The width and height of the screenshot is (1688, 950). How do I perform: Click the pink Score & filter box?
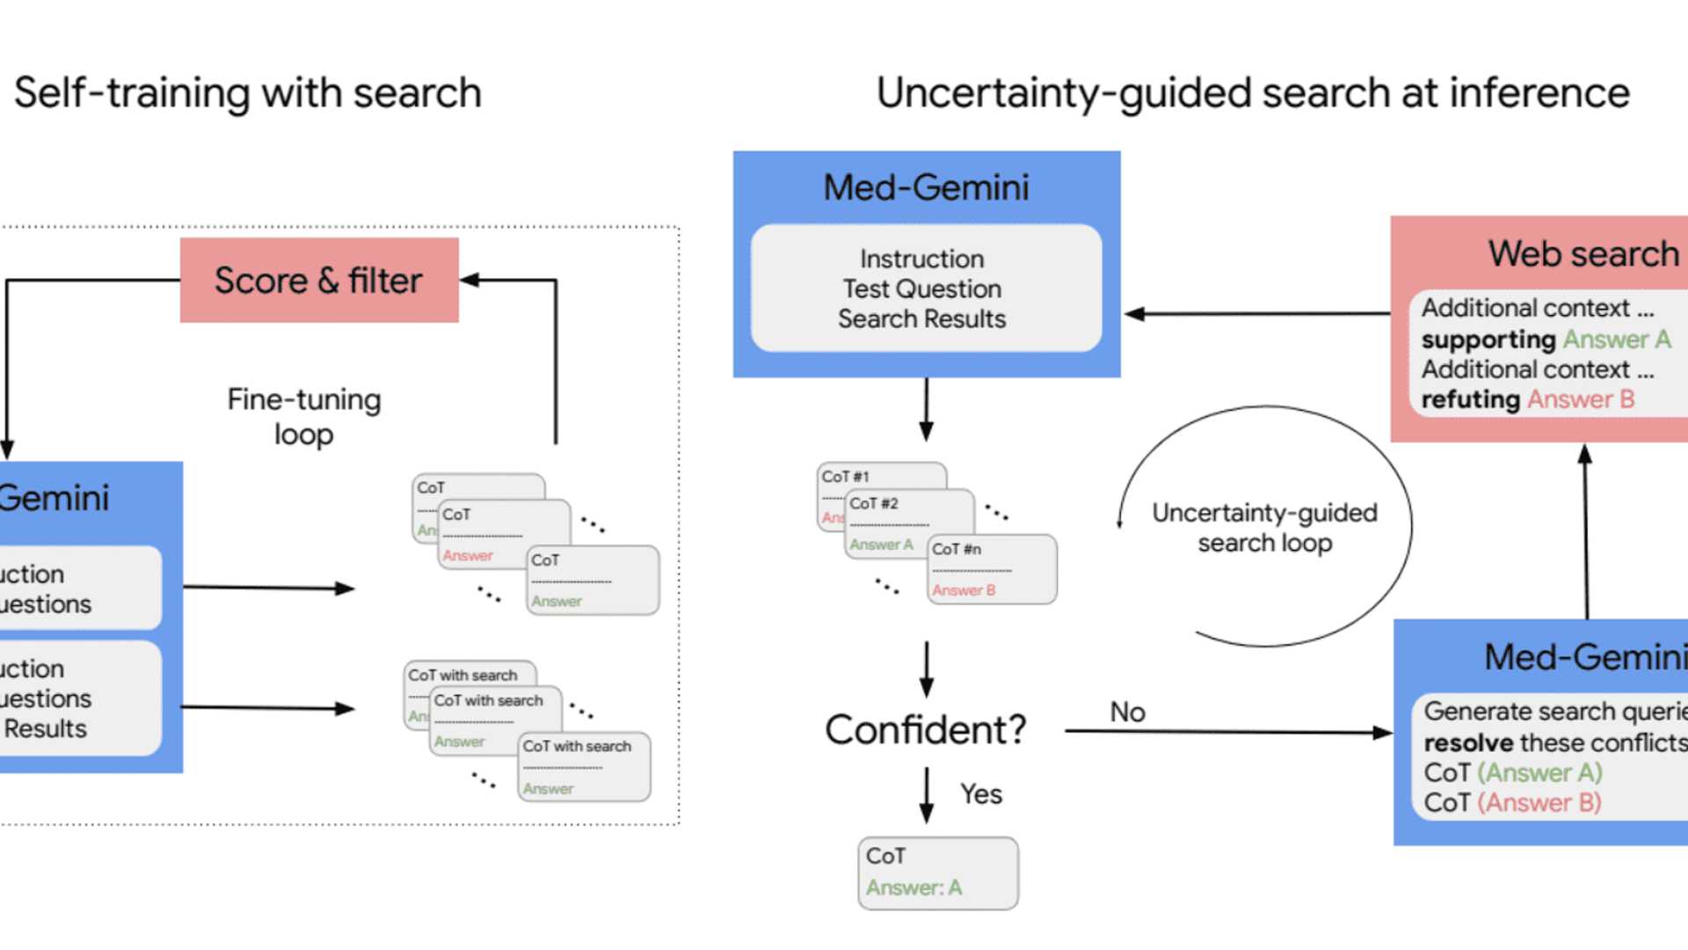click(x=318, y=280)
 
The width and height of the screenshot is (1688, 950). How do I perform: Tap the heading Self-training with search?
click(x=248, y=93)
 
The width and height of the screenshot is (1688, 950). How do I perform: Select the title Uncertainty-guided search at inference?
click(x=1253, y=93)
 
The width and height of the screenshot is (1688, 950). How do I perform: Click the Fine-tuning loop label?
click(x=303, y=416)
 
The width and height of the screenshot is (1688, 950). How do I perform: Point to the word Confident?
click(x=925, y=729)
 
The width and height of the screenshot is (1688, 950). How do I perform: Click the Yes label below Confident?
click(x=980, y=793)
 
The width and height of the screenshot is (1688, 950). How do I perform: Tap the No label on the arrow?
click(x=1127, y=711)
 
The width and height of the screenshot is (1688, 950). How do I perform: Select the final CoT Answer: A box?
click(x=937, y=873)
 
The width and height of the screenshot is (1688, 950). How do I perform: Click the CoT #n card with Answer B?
click(x=993, y=569)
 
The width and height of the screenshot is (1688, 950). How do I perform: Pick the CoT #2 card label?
click(x=874, y=503)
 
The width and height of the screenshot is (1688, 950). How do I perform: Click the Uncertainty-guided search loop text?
click(x=1264, y=527)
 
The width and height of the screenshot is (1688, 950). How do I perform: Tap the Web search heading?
click(x=1582, y=253)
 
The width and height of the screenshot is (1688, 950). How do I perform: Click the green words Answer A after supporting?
click(x=1616, y=340)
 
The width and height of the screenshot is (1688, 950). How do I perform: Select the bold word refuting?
click(x=1470, y=399)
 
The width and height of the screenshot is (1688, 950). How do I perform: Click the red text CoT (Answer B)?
click(x=1512, y=802)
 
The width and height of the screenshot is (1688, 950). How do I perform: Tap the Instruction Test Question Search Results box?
click(x=925, y=289)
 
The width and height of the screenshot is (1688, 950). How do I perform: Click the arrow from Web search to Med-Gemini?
click(x=1257, y=313)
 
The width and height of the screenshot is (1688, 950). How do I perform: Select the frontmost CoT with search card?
click(x=584, y=766)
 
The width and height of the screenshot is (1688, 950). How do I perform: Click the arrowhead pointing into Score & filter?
click(x=470, y=280)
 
